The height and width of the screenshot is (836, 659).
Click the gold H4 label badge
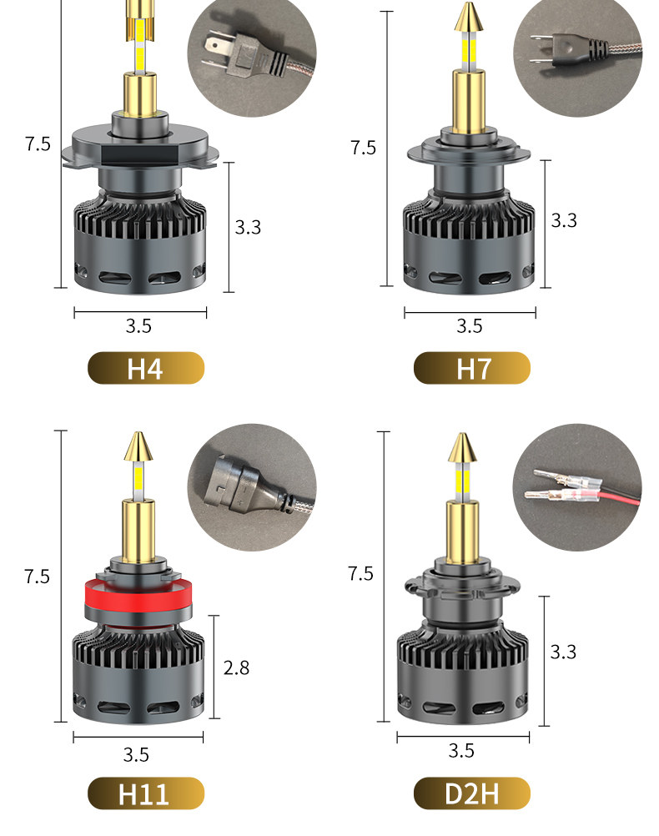point(146,368)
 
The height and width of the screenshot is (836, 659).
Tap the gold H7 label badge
point(472,368)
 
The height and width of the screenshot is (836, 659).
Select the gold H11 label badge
point(146,793)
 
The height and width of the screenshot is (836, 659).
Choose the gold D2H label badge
point(472,793)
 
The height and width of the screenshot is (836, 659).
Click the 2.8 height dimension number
point(236,667)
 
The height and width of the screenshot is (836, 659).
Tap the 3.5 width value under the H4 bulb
point(138,325)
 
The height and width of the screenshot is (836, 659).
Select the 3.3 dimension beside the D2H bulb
point(564,652)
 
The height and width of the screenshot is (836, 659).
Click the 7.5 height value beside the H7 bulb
point(363,148)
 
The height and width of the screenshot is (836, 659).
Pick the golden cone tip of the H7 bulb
point(469,17)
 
